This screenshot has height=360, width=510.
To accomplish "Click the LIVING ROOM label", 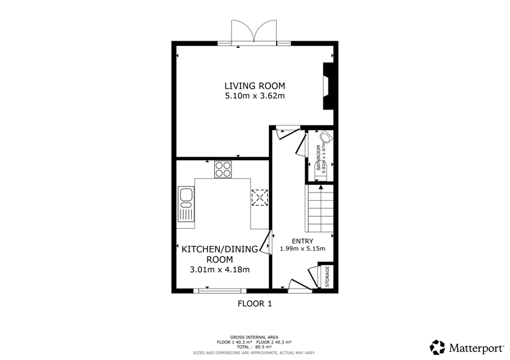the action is (x=254, y=86).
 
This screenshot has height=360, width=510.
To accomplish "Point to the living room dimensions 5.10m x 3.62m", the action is (x=254, y=96).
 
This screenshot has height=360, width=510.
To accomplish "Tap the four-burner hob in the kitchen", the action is (x=222, y=169).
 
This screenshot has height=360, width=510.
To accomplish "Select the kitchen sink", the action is (x=186, y=204).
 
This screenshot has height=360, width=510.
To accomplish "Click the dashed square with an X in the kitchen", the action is (x=259, y=198).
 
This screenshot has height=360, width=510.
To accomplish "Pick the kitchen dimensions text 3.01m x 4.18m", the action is (x=219, y=270).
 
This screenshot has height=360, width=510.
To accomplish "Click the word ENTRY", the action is (x=302, y=241).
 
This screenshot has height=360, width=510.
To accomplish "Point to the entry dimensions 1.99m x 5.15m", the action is (x=302, y=248).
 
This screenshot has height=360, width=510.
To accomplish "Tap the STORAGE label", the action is (x=327, y=277).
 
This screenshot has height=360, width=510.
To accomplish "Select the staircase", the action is (x=319, y=208).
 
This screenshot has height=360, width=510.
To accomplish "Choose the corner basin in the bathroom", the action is (x=326, y=136).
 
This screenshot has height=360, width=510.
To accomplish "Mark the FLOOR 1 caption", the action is (x=254, y=304).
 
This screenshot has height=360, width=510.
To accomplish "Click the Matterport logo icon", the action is (x=437, y=347).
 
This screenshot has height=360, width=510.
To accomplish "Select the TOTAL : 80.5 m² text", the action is (x=254, y=347).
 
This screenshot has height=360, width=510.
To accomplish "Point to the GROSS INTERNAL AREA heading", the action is (x=254, y=337).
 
